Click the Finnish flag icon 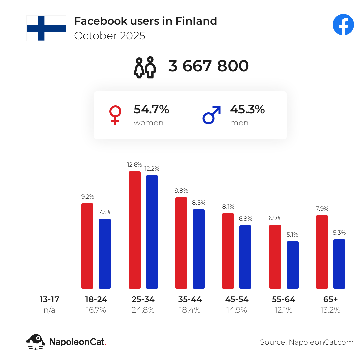pos(46,28)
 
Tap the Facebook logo pos(343,25)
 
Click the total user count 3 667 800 pos(208,66)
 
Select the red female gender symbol pos(115,115)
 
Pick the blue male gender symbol pos(212,115)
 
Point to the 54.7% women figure pos(151,109)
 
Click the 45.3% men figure pos(247,109)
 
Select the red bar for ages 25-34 pos(135,230)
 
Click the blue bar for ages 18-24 pos(105,253)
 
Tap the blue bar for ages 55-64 pos(293,265)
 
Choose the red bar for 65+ pos(322,252)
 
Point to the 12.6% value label pos(135,165)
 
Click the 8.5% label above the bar pos(199,203)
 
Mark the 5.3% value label pos(339,233)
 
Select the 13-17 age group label pos(49,299)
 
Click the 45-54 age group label pos(237,299)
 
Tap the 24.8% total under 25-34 pos(143,310)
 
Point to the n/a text pos(49,310)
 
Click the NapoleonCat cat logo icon pos(36,342)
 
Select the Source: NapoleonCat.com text pos(307,342)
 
